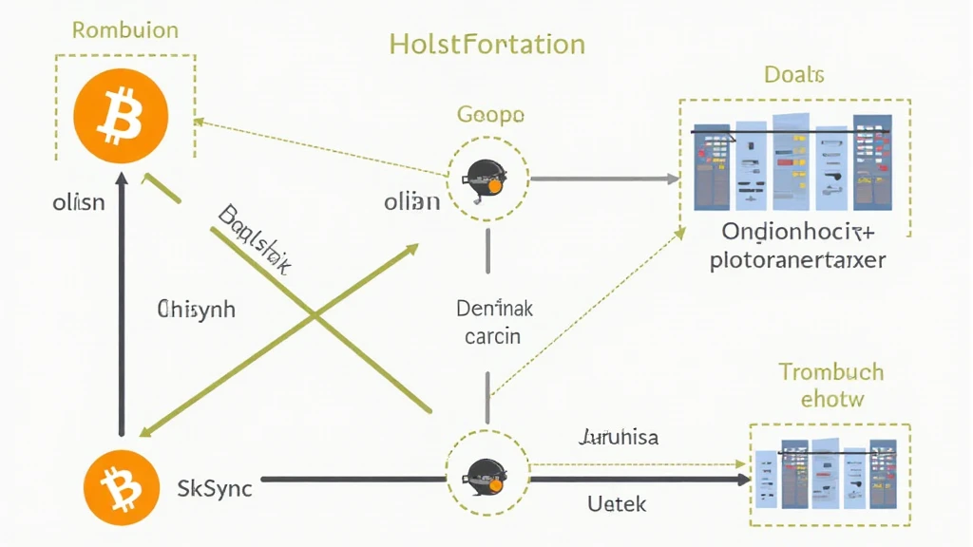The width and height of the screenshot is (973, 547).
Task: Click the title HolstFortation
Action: coord(486,44)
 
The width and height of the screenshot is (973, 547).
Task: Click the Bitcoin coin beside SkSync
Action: coord(122,486)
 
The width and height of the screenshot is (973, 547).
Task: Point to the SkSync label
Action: coord(215,488)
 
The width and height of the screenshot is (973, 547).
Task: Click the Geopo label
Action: coord(490,115)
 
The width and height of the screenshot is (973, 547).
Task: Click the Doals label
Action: coord(793,75)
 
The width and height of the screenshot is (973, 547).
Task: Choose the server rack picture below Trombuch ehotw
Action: coord(827,473)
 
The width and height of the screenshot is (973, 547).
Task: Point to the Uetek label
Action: coord(617,503)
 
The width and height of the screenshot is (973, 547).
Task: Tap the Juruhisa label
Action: coord(618,438)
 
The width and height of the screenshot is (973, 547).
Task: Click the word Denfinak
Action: coord(495,309)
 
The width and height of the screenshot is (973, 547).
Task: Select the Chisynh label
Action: coord(196,309)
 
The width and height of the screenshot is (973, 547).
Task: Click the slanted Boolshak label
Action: coord(253,238)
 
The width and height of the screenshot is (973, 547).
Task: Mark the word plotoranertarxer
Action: coord(797,259)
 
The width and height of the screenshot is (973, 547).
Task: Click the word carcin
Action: coord(492,336)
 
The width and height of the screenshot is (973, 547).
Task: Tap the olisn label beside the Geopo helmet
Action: coord(411,202)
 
